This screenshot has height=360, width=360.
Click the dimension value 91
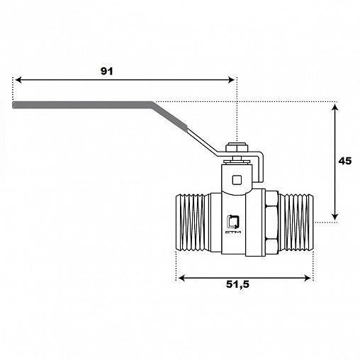(x=107, y=71)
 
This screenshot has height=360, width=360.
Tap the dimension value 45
(x=345, y=161)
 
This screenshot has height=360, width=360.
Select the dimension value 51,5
(x=237, y=284)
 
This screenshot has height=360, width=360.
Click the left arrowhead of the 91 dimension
(x=18, y=80)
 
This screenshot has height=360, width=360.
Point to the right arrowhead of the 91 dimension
(x=231, y=80)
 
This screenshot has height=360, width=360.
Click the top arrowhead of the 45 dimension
(x=334, y=108)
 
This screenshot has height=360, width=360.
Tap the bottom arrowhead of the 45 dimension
(x=334, y=217)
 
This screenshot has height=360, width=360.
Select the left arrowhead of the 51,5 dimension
(x=181, y=278)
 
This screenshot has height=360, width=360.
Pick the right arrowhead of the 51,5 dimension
(x=308, y=278)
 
